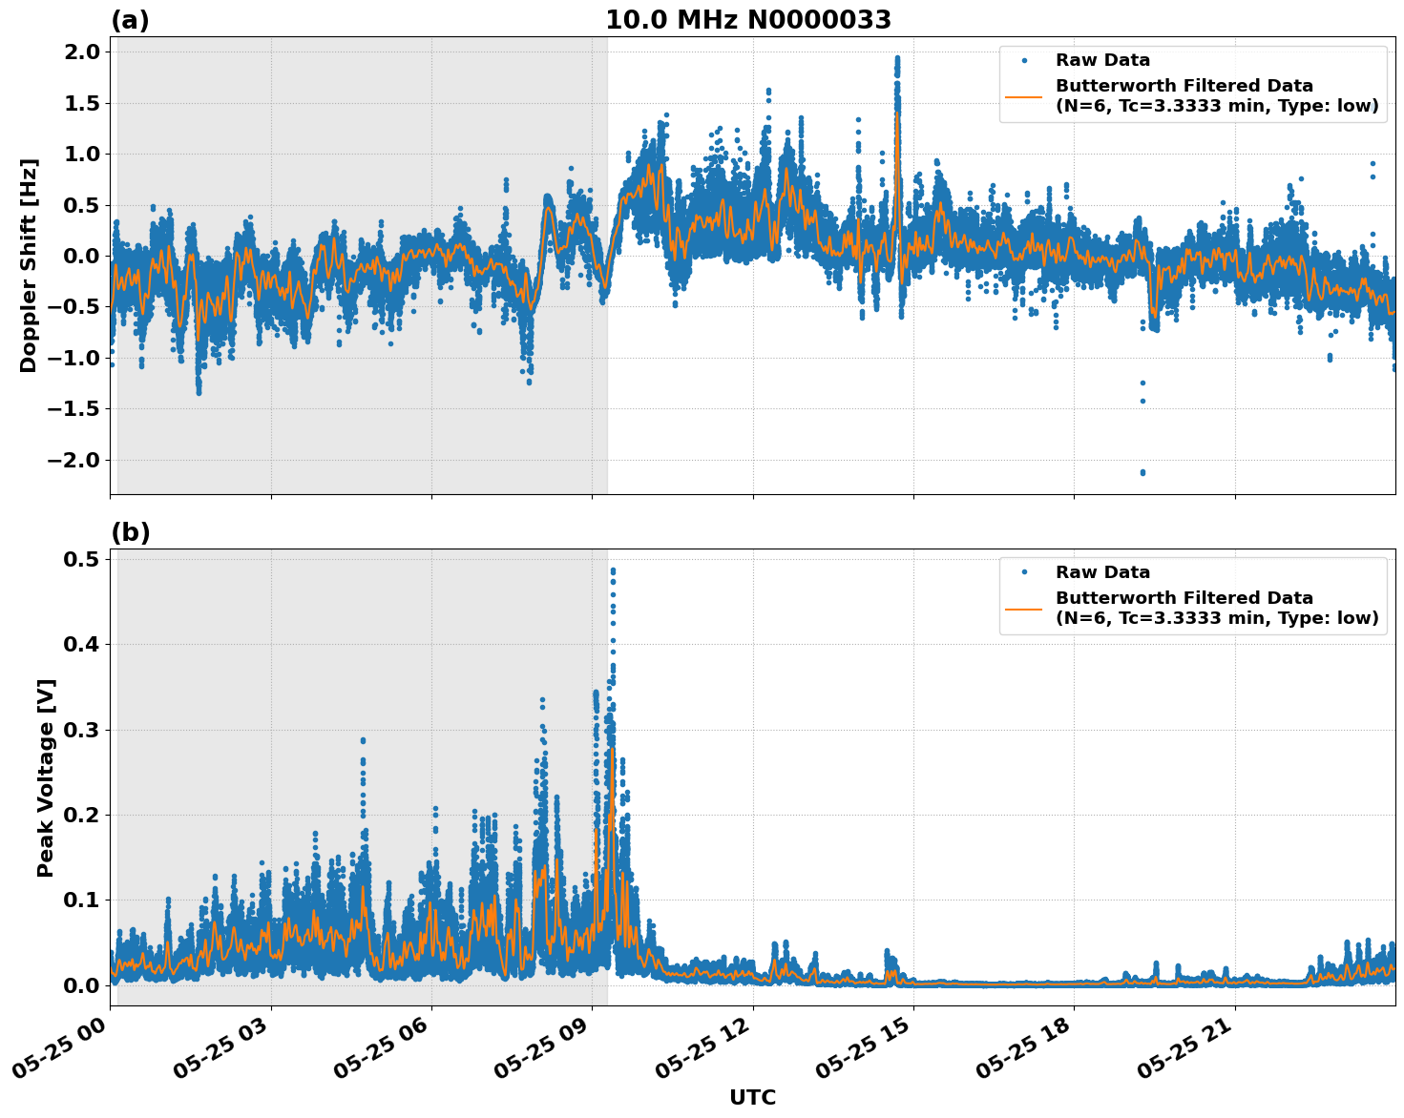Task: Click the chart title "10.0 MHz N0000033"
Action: (748, 20)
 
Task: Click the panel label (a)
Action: (130, 20)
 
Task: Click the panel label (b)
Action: (130, 532)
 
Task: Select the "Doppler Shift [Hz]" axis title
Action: (29, 265)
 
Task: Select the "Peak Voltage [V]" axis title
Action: (46, 777)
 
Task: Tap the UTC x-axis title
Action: (752, 1097)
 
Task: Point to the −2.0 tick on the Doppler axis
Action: (73, 460)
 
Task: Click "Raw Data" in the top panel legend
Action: (1102, 60)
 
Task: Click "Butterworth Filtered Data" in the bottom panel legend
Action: (1184, 598)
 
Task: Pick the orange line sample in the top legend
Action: (1023, 95)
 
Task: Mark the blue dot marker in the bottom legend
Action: (1023, 572)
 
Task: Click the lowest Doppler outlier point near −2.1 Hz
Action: (1142, 472)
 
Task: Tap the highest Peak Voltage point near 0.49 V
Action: (613, 570)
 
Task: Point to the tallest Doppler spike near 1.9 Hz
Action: (897, 59)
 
